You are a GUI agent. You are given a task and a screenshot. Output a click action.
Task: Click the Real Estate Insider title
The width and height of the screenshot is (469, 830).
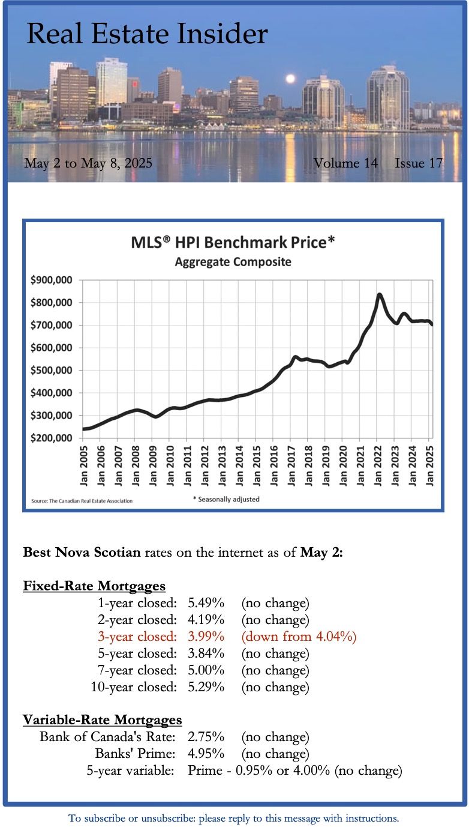tap(147, 34)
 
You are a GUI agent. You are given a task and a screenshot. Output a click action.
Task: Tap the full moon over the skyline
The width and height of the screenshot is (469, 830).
tap(290, 78)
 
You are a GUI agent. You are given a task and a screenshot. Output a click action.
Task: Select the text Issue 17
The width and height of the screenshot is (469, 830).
tap(419, 163)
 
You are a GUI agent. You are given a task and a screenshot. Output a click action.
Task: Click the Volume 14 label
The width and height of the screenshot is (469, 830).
tap(345, 163)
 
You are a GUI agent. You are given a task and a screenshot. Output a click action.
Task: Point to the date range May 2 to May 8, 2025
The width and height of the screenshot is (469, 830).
tap(88, 163)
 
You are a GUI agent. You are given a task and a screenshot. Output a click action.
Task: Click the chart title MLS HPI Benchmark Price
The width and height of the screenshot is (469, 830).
tap(233, 243)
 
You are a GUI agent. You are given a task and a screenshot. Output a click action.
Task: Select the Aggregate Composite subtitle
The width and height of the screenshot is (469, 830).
tap(233, 262)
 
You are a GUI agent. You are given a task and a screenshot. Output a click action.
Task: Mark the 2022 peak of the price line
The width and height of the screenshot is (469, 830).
tap(379, 294)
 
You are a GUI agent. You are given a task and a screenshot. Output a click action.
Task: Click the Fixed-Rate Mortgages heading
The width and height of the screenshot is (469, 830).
tap(94, 586)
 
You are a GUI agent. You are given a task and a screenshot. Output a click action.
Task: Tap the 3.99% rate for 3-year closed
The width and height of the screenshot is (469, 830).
tap(206, 636)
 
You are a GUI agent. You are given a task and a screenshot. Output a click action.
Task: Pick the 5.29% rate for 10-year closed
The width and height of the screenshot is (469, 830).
tap(206, 686)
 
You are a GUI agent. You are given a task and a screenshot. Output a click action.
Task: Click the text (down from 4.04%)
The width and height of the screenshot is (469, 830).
tap(299, 636)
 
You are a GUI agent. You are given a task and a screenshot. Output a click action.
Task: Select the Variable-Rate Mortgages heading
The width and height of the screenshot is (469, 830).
tap(103, 719)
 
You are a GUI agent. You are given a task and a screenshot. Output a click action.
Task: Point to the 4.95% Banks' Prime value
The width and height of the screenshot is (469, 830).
tap(206, 753)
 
